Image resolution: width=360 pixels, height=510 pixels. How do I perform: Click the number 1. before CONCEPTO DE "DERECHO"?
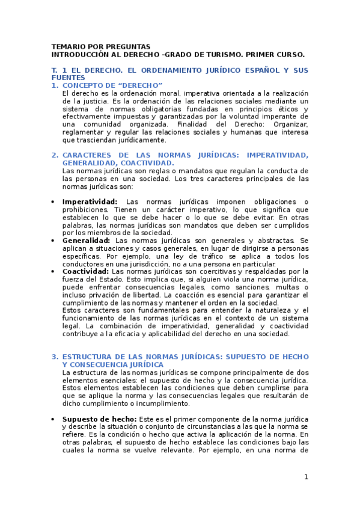click(x=55, y=86)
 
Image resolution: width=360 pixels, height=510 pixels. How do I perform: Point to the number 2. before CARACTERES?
click(x=55, y=155)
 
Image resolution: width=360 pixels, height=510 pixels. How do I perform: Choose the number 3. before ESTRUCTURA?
click(x=55, y=357)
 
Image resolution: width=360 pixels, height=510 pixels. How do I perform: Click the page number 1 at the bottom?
click(x=306, y=477)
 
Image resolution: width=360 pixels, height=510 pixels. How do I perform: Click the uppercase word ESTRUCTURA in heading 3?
click(x=90, y=357)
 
